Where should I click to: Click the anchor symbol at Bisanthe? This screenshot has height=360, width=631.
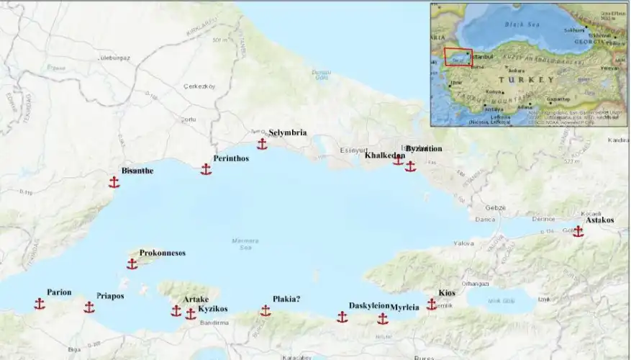pos(114,182)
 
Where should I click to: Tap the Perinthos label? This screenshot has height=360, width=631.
pos(231,158)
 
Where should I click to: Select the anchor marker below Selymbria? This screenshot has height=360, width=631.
pos(262,145)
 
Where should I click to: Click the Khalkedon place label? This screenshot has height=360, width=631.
pos(384,156)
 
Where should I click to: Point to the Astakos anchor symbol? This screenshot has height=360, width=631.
pos(578,231)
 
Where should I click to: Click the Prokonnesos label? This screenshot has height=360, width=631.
pos(163,253)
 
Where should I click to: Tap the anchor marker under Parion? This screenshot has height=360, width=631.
pos(40,304)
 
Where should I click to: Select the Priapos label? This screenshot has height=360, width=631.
pos(110,296)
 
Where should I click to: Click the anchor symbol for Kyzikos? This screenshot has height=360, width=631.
pos(190,314)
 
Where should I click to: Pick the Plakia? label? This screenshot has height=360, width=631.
pos(286,299)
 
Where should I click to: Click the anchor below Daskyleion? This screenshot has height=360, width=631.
pos(342,317)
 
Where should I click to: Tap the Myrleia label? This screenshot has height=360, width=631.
pos(404,307)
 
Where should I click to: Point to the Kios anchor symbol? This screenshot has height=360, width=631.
pos(432,305)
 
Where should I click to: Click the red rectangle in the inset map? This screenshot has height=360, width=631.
pos(458,58)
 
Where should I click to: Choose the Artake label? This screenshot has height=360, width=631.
pos(196,299)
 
